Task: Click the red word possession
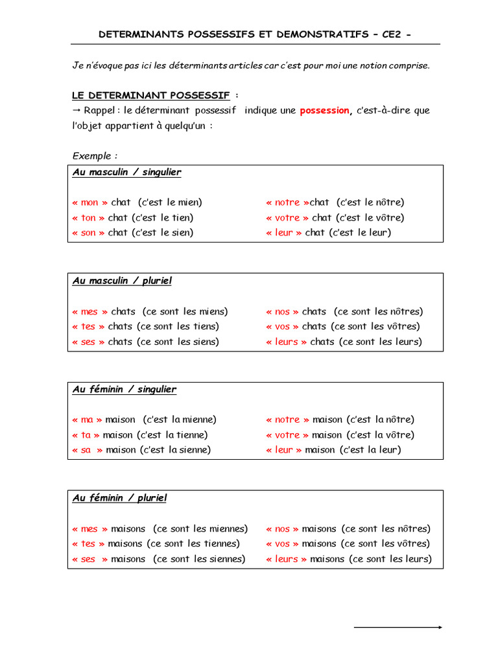click(x=324, y=111)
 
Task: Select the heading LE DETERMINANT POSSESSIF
click(x=151, y=95)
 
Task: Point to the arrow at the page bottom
click(x=398, y=627)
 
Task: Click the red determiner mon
click(x=89, y=202)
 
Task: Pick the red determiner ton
click(x=88, y=218)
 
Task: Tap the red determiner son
click(x=88, y=233)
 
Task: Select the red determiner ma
click(x=86, y=420)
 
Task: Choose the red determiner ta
click(x=86, y=435)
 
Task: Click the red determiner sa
click(x=86, y=450)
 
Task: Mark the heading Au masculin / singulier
click(x=126, y=172)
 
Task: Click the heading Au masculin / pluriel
click(x=122, y=281)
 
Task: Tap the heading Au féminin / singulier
click(x=124, y=390)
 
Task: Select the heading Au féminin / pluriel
click(x=119, y=498)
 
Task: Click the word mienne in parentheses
click(x=198, y=420)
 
